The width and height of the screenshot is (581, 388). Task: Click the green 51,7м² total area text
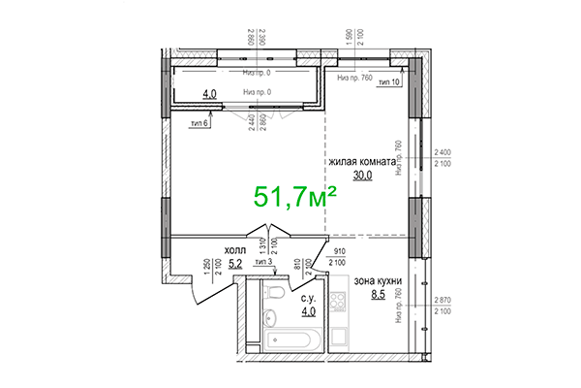(x=294, y=197)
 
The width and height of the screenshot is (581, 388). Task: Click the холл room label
(x=236, y=248)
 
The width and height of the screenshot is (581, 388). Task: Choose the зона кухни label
(x=377, y=280)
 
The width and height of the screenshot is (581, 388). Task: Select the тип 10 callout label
(x=389, y=83)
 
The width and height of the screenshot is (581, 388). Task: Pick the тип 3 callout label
(x=262, y=262)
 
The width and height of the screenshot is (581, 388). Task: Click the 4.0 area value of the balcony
(x=209, y=94)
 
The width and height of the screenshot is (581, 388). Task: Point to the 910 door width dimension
(x=340, y=251)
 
